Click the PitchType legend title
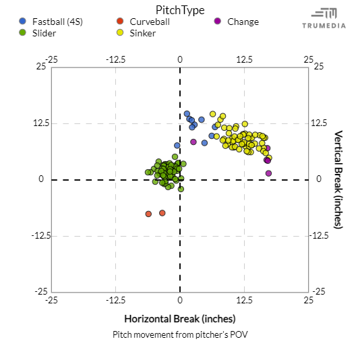pos(180,10)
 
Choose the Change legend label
pos(243,22)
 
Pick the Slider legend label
pos(44,32)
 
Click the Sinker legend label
pos(142,32)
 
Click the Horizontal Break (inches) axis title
pos(180,318)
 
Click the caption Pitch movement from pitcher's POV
pos(180,334)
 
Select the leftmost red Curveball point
pos(148,214)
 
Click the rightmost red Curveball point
pos(162,213)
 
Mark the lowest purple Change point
pos(268,173)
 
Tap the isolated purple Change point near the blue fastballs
pos(193,142)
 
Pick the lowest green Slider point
pos(181,189)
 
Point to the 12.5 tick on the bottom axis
pos(244,299)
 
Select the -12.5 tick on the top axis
pos(115,60)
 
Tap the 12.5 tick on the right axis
pos(319,123)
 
